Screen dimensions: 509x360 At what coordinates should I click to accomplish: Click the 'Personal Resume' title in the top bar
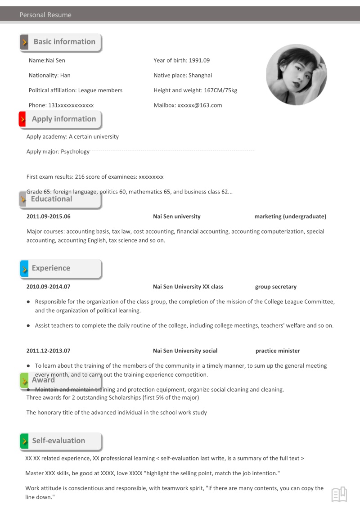click(x=45, y=15)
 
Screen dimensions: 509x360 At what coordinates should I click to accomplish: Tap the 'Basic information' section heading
click(x=64, y=42)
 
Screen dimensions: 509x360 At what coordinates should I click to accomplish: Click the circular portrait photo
click(x=297, y=75)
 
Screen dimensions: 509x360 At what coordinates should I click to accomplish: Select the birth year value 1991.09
click(x=199, y=60)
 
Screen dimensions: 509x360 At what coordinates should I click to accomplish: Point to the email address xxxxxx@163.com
click(x=200, y=105)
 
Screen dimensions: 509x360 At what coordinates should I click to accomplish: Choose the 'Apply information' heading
click(x=64, y=119)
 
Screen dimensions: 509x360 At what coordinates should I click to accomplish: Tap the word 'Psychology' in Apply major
click(x=75, y=152)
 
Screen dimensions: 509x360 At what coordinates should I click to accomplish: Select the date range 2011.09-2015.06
click(x=49, y=216)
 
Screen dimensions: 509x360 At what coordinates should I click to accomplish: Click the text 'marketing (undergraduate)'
click(x=290, y=216)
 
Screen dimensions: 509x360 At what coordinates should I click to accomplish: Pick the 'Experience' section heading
click(x=51, y=268)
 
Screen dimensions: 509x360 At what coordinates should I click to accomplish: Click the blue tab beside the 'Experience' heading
click(x=24, y=269)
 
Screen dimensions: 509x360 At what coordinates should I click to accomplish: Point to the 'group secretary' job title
click(x=276, y=287)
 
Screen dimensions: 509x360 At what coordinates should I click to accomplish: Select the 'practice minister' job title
click(x=278, y=351)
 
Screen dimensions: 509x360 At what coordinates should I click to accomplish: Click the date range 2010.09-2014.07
click(x=49, y=287)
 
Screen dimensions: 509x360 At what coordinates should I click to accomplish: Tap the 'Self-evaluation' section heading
click(x=58, y=441)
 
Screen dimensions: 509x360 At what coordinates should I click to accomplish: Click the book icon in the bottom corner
click(x=339, y=494)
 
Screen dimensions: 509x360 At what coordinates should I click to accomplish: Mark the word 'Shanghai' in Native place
click(x=200, y=76)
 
